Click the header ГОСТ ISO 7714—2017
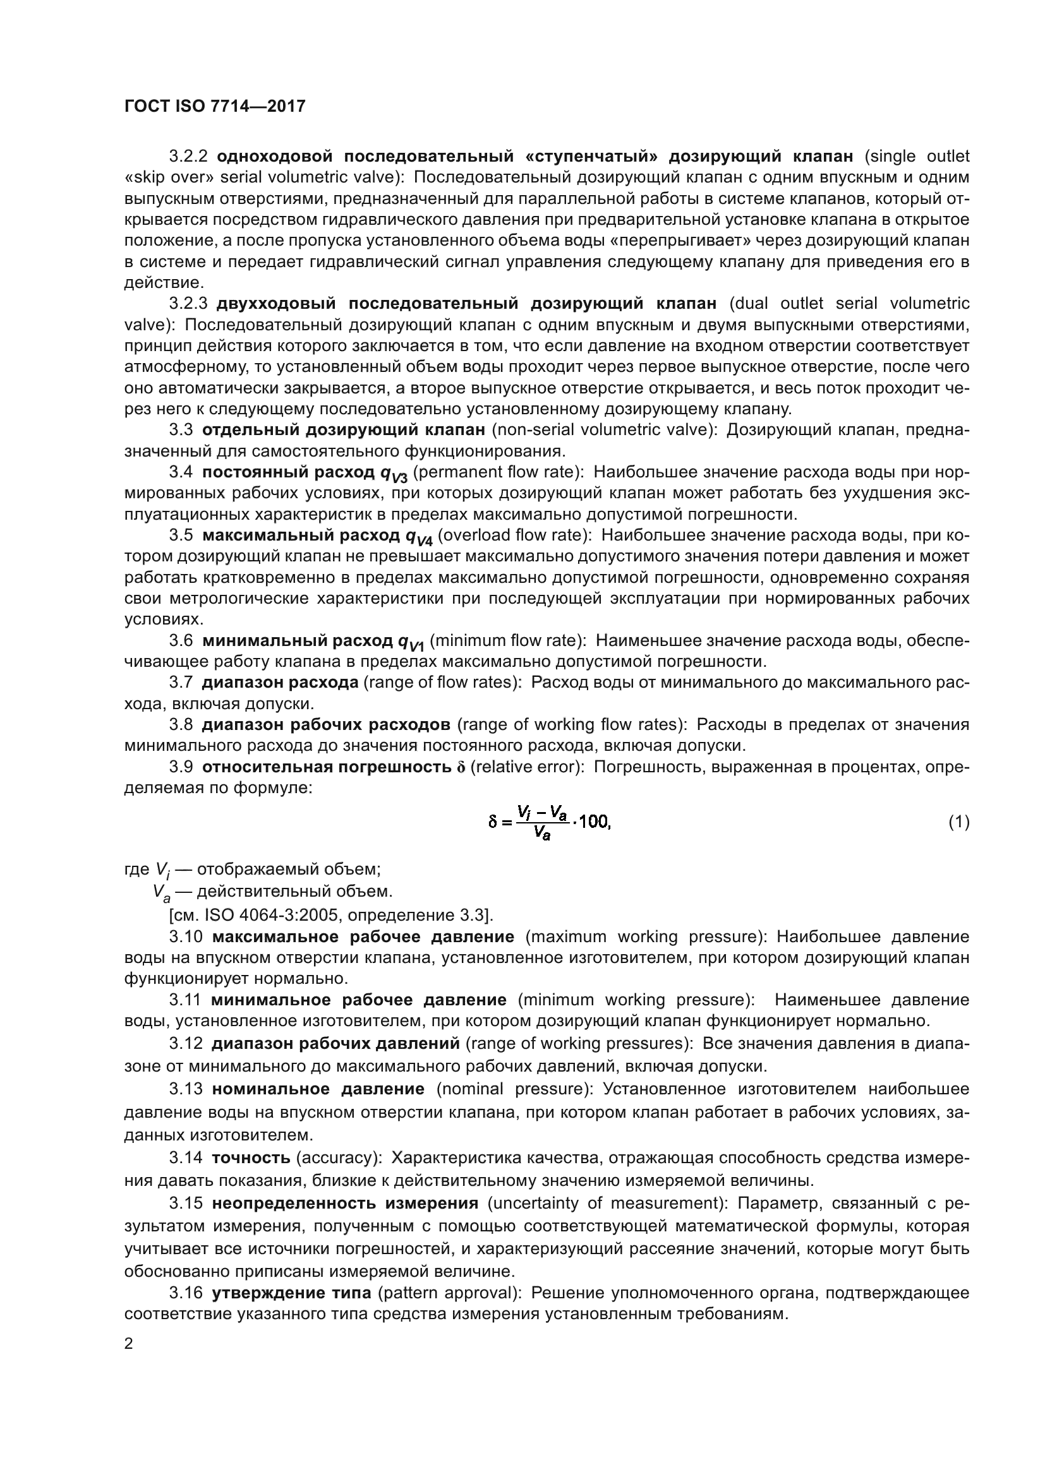(214, 106)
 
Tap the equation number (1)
(959, 822)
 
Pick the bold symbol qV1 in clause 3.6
(411, 642)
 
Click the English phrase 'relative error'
(526, 767)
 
